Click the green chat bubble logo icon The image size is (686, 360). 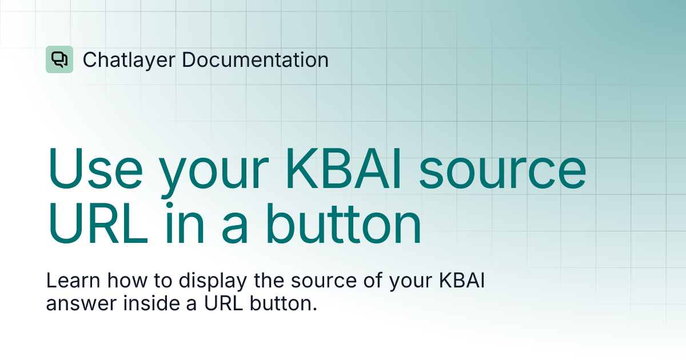[59, 59]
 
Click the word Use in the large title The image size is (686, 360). [95, 170]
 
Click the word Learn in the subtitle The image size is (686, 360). [68, 282]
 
